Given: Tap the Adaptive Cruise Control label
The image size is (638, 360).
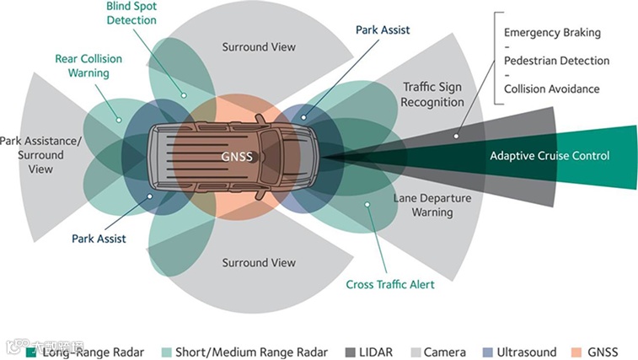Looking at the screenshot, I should tap(550, 155).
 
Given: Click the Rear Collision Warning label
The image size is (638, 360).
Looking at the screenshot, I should tap(88, 66).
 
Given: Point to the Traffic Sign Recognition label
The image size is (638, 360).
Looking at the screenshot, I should tap(433, 94).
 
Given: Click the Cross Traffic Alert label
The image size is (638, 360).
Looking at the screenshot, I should tap(390, 284).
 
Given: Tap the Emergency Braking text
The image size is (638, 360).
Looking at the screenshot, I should tap(552, 33).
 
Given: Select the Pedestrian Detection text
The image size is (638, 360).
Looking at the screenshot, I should tap(556, 61).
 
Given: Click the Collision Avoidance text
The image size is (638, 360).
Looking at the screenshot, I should tap(552, 89).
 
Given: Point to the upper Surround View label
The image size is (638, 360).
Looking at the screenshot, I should tap(259, 46).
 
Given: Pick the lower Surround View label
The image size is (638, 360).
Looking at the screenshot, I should tap(259, 263).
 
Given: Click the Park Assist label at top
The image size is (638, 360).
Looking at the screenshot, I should tap(383, 30).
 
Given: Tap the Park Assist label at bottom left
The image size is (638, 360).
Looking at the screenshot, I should tap(98, 239).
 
